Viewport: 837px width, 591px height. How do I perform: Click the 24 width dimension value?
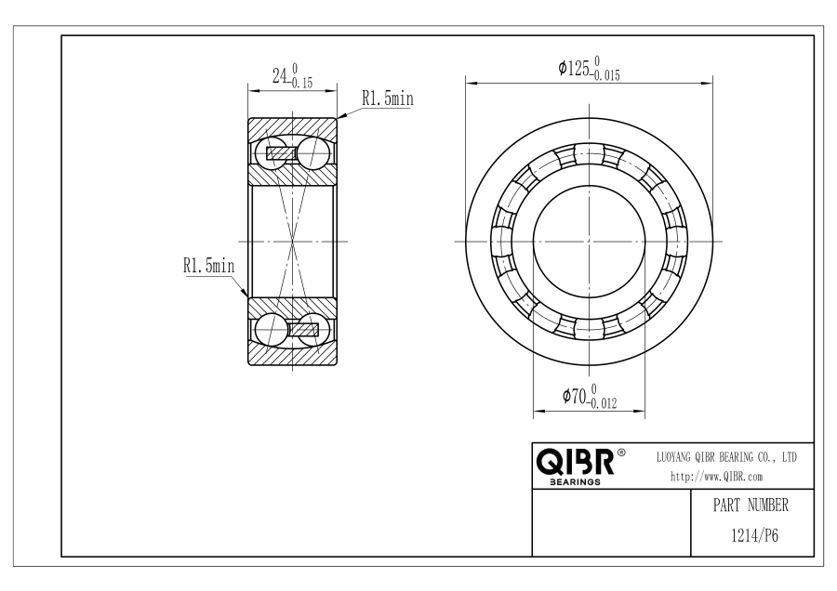click(280, 76)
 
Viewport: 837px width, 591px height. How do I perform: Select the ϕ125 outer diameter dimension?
click(574, 68)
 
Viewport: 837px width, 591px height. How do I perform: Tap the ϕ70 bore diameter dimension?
click(575, 396)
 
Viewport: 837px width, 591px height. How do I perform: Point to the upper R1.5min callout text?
click(388, 98)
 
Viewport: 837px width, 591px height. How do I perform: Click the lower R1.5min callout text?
click(208, 265)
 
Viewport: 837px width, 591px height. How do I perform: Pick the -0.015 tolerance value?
click(605, 76)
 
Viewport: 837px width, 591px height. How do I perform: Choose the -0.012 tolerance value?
click(602, 403)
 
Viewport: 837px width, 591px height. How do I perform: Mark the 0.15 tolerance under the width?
click(301, 83)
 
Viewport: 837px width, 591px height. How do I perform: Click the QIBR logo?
click(575, 462)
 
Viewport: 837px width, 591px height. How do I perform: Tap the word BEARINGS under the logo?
click(575, 482)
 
